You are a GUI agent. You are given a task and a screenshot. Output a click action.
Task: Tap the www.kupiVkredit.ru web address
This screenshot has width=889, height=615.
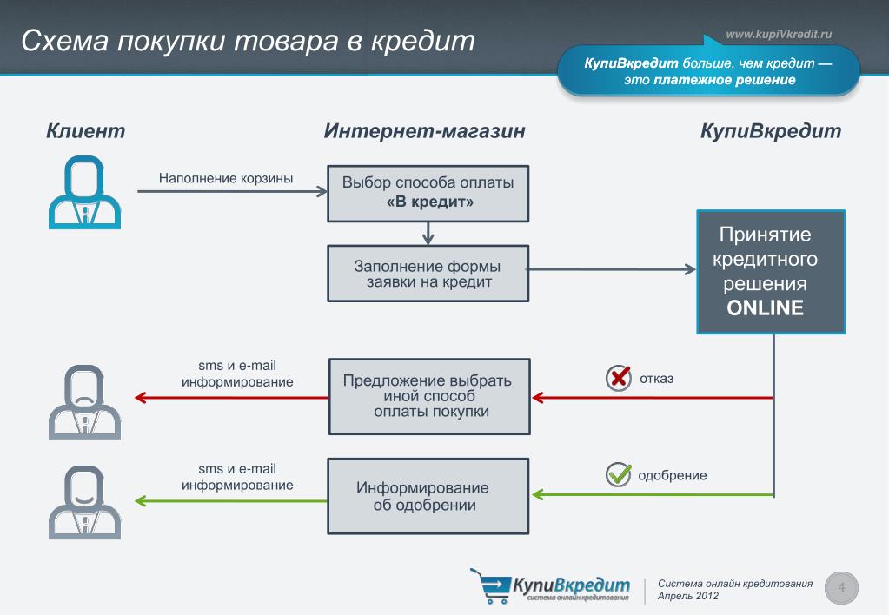[x=779, y=34]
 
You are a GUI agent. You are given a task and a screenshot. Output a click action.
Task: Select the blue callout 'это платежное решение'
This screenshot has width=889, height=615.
[x=708, y=72]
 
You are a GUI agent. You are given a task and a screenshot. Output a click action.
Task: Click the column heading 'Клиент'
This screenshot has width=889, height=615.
[x=86, y=131]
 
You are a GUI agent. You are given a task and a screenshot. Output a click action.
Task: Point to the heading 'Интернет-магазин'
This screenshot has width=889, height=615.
[x=424, y=131]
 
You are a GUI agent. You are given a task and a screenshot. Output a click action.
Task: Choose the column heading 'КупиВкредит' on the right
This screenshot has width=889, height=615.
[x=770, y=131]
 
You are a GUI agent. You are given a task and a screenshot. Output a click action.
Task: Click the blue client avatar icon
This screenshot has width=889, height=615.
[x=84, y=192]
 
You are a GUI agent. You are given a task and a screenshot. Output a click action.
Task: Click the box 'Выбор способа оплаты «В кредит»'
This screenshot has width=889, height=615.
[x=428, y=193]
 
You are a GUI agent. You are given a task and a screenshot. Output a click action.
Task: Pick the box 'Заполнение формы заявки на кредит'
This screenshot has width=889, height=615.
[x=428, y=273]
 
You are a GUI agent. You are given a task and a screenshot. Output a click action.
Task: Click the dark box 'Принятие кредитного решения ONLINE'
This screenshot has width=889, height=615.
[x=770, y=272]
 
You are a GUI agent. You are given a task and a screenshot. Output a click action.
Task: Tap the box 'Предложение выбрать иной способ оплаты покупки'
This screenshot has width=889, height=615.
[x=428, y=396]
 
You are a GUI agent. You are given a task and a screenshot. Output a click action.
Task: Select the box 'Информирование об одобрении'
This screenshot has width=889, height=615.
[x=428, y=496]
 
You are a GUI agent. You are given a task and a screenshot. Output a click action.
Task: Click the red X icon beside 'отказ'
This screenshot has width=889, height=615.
[x=618, y=378]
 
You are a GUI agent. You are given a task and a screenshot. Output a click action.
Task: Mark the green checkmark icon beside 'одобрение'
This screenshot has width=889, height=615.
[x=618, y=474]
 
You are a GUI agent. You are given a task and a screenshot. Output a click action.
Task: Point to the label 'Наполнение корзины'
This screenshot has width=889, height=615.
[x=225, y=178]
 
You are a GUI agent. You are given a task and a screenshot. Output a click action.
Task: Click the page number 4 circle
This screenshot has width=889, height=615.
[x=841, y=588]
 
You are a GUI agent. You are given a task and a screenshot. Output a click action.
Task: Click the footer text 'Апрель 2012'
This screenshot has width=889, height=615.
[x=688, y=597]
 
